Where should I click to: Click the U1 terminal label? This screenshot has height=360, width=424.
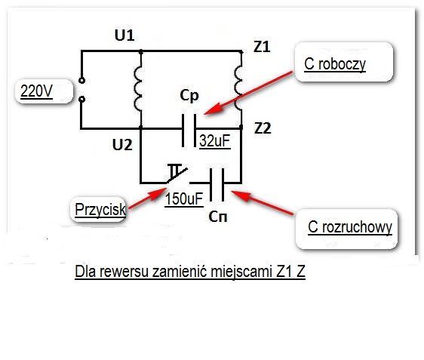click(x=124, y=35)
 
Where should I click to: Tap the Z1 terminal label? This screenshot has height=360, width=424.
click(x=262, y=47)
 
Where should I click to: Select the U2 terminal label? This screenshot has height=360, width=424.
click(x=122, y=145)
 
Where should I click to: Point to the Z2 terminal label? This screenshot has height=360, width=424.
click(x=263, y=128)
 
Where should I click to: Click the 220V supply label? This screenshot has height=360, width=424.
click(x=36, y=91)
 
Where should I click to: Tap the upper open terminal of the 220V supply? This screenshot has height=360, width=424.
click(x=81, y=80)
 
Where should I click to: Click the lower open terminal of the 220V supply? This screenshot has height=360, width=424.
click(x=81, y=100)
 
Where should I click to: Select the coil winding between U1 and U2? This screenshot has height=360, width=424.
click(x=138, y=89)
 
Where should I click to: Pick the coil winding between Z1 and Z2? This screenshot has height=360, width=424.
click(x=238, y=88)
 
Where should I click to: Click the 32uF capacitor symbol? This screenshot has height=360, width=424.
click(x=189, y=131)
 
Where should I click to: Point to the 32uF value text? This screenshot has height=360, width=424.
click(x=215, y=141)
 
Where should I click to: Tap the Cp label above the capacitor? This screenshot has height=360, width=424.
click(x=189, y=96)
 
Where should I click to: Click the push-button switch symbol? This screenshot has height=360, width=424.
click(x=177, y=174)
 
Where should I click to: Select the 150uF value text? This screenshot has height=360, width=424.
click(x=184, y=199)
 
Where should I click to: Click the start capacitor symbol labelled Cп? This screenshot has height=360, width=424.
click(x=217, y=184)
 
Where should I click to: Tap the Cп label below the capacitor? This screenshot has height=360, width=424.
click(x=218, y=217)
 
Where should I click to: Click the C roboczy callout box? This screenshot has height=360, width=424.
click(x=343, y=62)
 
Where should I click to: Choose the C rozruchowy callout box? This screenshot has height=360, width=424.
click(x=346, y=229)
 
